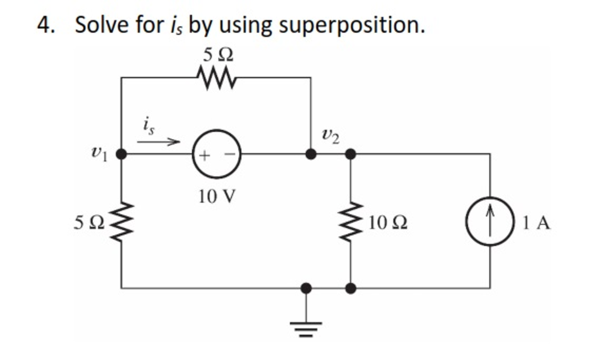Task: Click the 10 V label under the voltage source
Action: (x=216, y=196)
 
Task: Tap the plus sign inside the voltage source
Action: (x=204, y=156)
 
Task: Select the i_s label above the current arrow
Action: (x=147, y=124)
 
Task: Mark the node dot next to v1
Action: (x=121, y=155)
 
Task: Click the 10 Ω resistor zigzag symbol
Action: (x=351, y=222)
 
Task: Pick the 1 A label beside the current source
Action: (x=536, y=222)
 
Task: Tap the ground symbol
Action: (x=306, y=324)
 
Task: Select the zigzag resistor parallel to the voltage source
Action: (x=216, y=77)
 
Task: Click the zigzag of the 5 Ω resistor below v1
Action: (x=121, y=222)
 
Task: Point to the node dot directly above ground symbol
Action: (x=306, y=288)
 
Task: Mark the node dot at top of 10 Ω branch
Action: (x=350, y=155)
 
